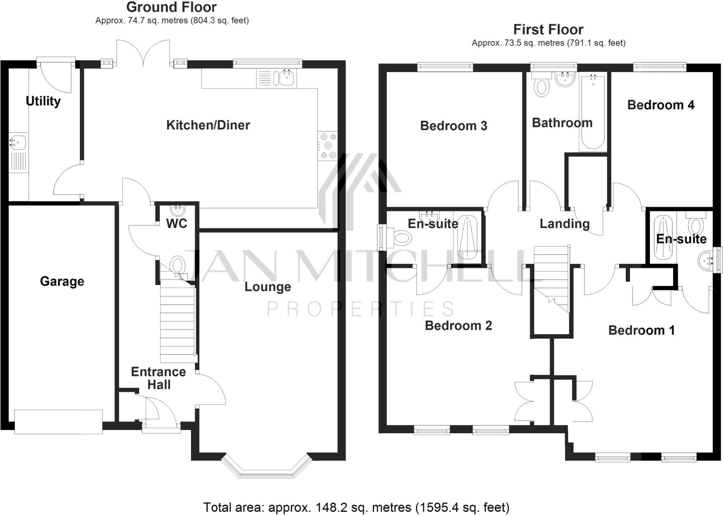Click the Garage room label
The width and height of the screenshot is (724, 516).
62,282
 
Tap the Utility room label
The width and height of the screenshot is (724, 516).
43,101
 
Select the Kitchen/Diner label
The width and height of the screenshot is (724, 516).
208,125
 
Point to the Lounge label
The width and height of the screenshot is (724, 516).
268,287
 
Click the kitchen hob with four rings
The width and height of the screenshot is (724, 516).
328,146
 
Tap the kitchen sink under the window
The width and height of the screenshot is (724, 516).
286,78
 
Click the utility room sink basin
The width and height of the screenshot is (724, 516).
17,142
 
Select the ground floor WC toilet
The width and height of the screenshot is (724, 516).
177,265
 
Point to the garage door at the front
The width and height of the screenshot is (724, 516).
58,422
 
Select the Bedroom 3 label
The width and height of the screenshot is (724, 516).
454,126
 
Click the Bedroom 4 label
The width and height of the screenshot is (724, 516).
660,105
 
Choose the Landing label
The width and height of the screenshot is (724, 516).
565,224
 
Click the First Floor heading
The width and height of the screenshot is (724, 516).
548,30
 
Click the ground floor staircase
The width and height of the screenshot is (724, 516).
177,324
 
